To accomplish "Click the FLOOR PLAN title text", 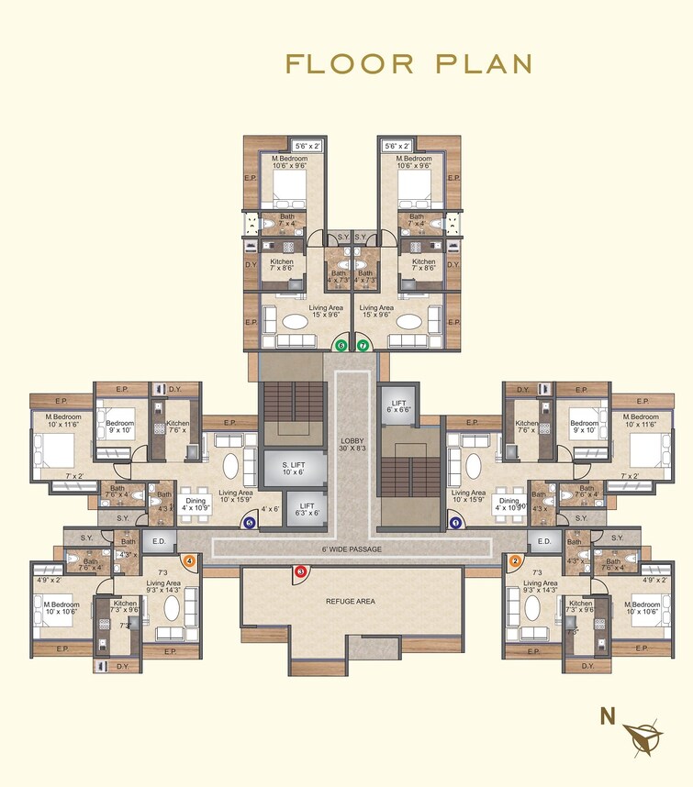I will click(409, 63).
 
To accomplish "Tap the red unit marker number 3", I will click(300, 572).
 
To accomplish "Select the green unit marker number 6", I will click(341, 346).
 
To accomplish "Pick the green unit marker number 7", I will click(363, 346).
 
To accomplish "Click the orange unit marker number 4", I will click(190, 560).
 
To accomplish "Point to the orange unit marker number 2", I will click(515, 560).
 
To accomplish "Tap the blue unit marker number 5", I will click(250, 522).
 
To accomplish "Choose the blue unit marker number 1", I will click(455, 522).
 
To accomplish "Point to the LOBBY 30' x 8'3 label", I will click(352, 444).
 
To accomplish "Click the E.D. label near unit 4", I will click(159, 542).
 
